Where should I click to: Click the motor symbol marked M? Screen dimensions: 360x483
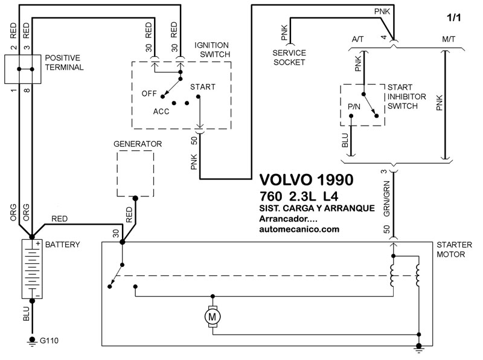tap(212, 315)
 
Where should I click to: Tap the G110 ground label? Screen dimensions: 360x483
tap(50, 342)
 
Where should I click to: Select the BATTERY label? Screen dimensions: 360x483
tap(63, 245)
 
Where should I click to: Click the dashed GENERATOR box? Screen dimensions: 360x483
tap(135, 173)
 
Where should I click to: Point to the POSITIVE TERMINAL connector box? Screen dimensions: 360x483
tap(23, 69)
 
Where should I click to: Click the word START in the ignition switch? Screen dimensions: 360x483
tap(202, 87)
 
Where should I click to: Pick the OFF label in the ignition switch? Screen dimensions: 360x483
tap(149, 94)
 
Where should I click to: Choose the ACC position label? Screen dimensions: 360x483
tap(161, 112)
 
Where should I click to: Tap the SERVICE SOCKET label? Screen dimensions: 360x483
tap(289, 57)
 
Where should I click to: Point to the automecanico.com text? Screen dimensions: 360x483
tap(299, 230)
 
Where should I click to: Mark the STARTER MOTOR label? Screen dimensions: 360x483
tap(451, 250)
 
